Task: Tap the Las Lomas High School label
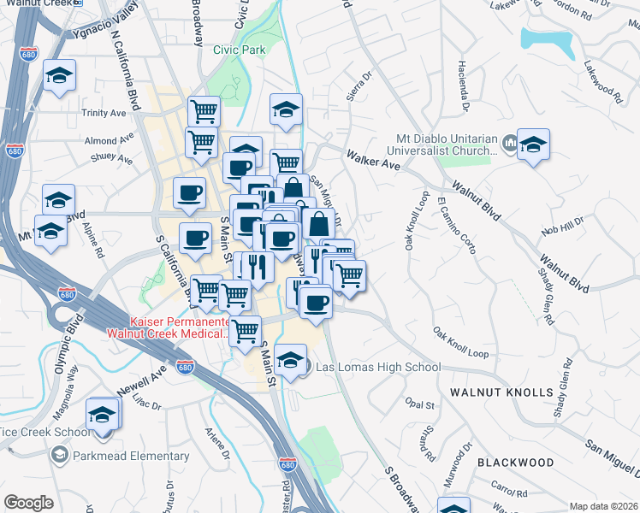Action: pyautogui.click(x=378, y=368)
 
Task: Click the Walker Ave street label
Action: pyautogui.click(x=374, y=160)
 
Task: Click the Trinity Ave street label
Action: pyautogui.click(x=104, y=113)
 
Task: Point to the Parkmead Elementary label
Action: pyautogui.click(x=131, y=456)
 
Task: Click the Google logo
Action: pyautogui.click(x=28, y=503)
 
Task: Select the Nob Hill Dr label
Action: pyautogui.click(x=561, y=226)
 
